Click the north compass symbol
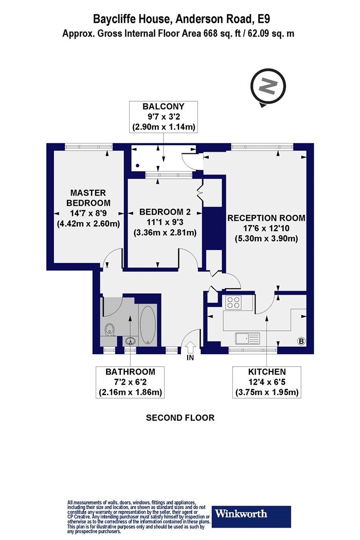[268, 87]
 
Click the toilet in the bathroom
[110, 329]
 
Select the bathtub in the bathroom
[149, 325]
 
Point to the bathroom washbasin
[130, 341]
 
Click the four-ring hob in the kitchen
[233, 302]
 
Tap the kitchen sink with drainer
[247, 338]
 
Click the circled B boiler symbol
[301, 341]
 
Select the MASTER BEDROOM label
[88, 197]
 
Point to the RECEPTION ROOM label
[266, 218]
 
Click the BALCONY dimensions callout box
[164, 117]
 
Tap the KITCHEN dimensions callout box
[267, 382]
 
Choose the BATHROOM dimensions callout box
[130, 382]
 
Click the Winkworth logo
[251, 516]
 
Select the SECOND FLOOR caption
[180, 418]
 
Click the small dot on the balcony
[138, 165]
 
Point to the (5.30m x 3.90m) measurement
[266, 238]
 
